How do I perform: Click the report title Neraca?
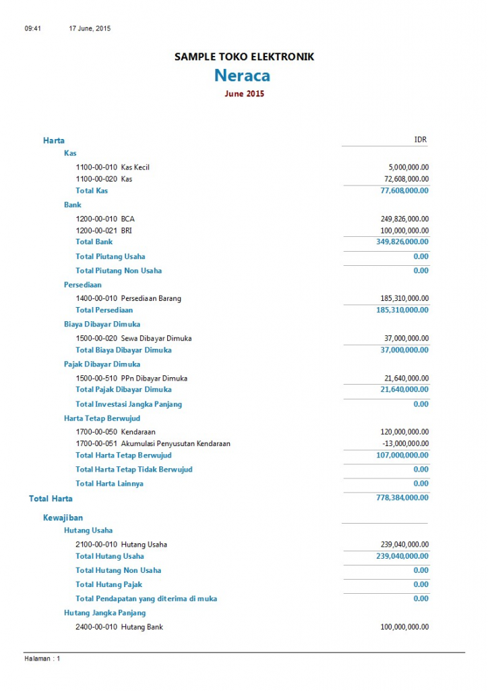(243, 75)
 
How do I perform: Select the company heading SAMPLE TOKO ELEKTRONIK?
(244, 57)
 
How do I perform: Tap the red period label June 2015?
(244, 94)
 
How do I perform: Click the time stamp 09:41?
(33, 28)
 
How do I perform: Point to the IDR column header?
(420, 140)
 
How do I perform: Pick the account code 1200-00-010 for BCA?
(96, 219)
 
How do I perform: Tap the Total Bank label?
(94, 242)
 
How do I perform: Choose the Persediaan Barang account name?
(151, 298)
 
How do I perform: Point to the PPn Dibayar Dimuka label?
(154, 378)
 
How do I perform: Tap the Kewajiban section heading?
(63, 518)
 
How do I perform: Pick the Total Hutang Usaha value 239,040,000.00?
(402, 556)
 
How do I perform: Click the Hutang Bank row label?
(142, 627)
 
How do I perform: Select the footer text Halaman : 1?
(42, 659)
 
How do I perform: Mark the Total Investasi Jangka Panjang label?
(129, 404)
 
